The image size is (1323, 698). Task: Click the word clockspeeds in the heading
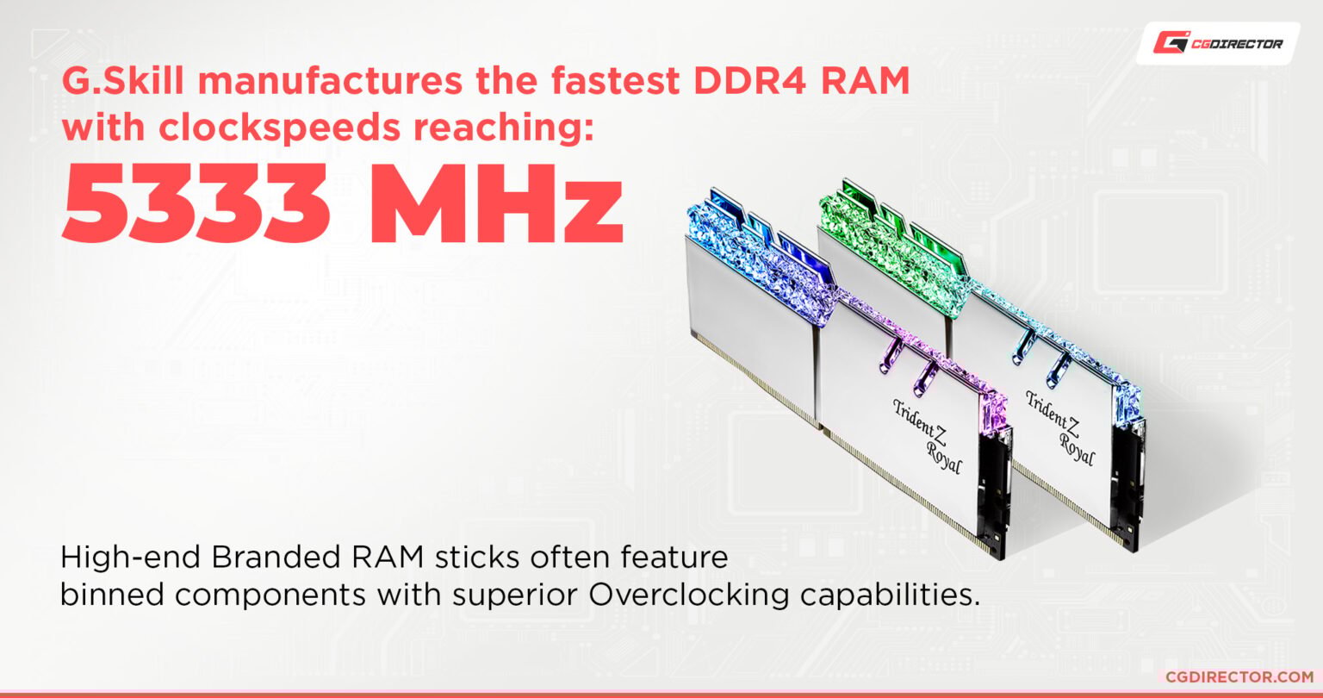click(x=279, y=128)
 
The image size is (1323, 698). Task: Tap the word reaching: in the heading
click(x=503, y=128)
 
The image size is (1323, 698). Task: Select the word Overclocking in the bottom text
click(x=689, y=595)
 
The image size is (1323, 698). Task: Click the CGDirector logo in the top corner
click(x=1218, y=43)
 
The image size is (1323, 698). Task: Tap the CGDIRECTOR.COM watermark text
click(x=1239, y=676)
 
